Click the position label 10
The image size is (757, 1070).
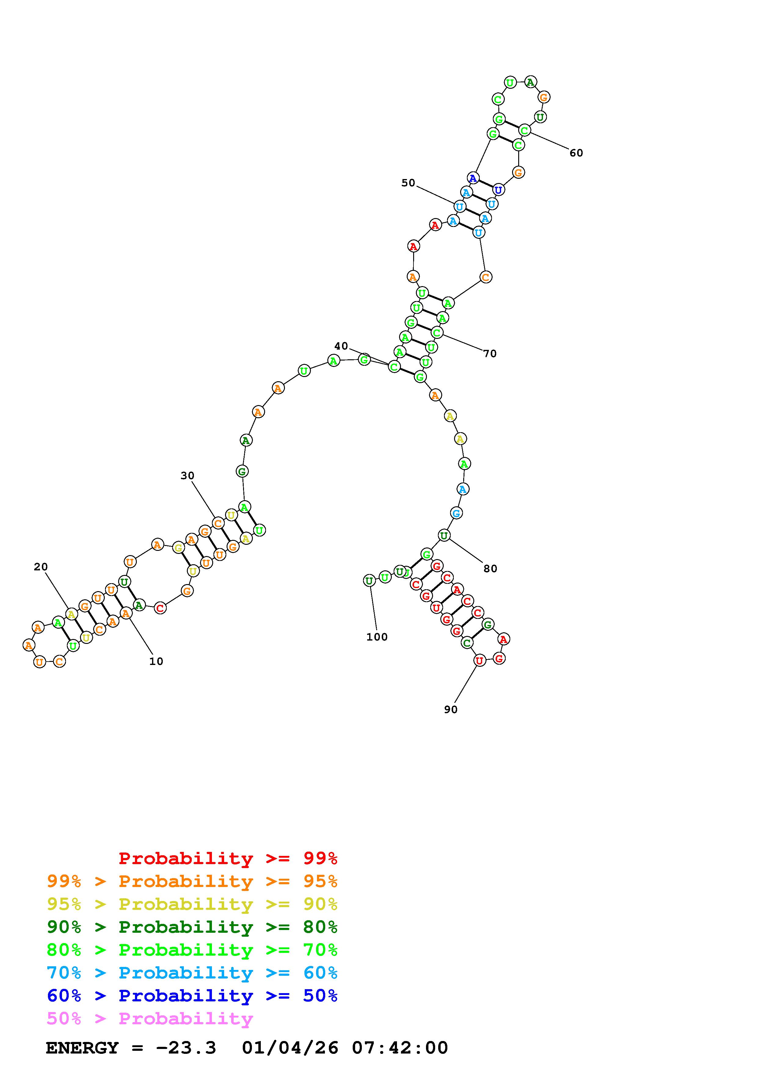pyautogui.click(x=156, y=661)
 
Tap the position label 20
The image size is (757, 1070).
pyautogui.click(x=41, y=567)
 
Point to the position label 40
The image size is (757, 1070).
pyautogui.click(x=341, y=346)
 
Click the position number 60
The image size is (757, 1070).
pyautogui.click(x=577, y=153)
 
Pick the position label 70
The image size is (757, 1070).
pyautogui.click(x=490, y=354)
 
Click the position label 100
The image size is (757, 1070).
pyautogui.click(x=377, y=637)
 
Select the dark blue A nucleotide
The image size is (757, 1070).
pyautogui.click(x=473, y=178)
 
